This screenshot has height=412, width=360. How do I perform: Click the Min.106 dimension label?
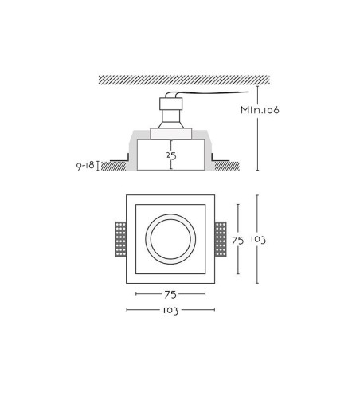point(260,110)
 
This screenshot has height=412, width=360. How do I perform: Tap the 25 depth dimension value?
point(171,155)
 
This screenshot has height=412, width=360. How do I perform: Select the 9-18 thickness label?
point(85,166)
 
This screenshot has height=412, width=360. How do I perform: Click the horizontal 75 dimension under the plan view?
point(170,294)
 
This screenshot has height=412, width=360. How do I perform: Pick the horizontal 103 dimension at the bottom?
point(170,310)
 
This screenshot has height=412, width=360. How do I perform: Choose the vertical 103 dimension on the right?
point(258,240)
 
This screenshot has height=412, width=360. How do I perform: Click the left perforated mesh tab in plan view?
point(120,239)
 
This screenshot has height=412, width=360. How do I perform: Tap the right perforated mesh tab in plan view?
point(221,239)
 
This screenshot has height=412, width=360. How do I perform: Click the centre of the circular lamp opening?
point(170,239)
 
